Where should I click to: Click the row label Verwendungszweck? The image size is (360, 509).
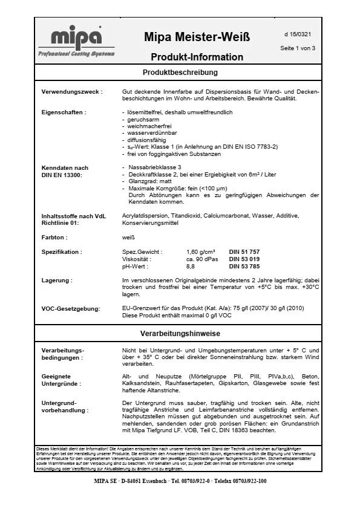tap(71, 92)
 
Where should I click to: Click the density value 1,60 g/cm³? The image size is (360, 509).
tap(201, 251)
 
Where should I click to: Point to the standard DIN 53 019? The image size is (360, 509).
tap(244, 259)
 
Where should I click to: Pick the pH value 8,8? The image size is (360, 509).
tap(191, 266)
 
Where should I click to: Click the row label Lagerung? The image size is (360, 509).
tap(57, 280)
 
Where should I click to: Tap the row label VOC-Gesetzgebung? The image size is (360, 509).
tap(70, 309)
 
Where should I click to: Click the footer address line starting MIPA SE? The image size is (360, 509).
tap(180, 481)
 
